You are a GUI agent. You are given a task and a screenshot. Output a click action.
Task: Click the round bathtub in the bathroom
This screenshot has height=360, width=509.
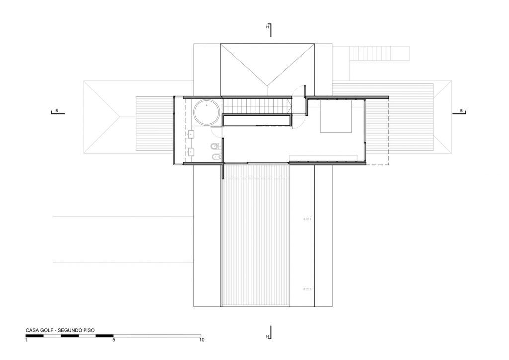point(206,112)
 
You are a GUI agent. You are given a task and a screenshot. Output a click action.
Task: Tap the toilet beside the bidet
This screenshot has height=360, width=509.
point(215,146)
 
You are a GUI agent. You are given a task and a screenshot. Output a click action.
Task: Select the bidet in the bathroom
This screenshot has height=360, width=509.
point(215,158)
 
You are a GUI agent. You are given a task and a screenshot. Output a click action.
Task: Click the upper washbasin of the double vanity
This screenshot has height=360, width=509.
point(191,134)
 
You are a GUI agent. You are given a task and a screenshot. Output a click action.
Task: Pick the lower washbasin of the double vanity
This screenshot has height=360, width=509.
point(191,152)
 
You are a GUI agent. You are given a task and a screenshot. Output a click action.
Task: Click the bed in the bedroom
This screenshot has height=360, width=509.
point(336,116)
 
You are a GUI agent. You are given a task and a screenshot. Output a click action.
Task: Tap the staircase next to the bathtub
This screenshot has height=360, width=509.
point(256,106)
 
